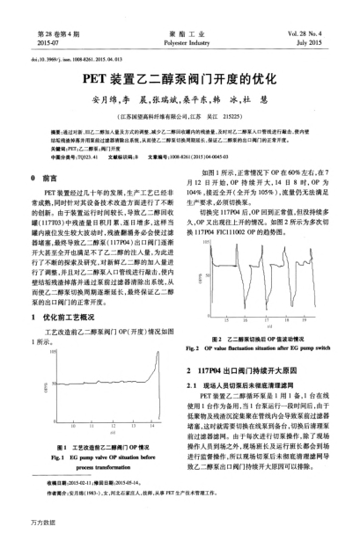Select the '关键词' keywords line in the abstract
[79, 151]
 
